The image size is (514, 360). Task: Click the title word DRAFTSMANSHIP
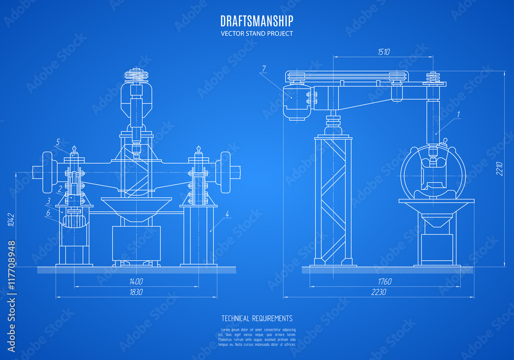(x=256, y=21)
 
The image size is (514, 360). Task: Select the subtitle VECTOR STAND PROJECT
(x=256, y=34)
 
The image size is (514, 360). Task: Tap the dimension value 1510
(x=384, y=51)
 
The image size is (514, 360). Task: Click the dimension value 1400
(x=136, y=281)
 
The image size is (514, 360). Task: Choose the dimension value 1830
(x=136, y=292)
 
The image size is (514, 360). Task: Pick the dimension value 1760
(x=384, y=281)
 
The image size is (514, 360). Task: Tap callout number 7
(x=264, y=68)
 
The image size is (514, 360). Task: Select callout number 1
(x=458, y=114)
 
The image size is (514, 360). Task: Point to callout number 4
(x=227, y=213)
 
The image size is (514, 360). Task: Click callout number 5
(x=58, y=141)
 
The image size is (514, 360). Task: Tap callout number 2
(x=60, y=188)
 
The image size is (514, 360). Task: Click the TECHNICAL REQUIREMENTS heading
(x=256, y=319)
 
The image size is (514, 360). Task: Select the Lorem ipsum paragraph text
(x=256, y=337)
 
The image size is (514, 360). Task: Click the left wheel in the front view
(x=49, y=171)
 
